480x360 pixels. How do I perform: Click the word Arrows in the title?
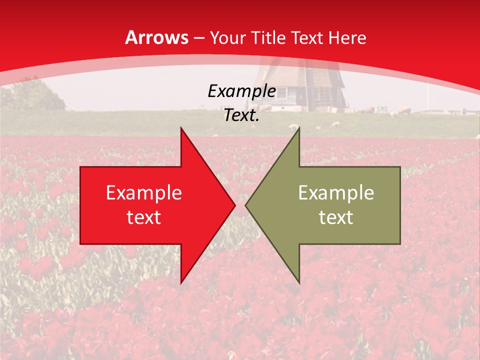156,37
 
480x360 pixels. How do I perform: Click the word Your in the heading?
226,38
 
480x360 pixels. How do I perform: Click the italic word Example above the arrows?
241,91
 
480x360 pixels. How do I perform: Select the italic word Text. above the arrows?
241,115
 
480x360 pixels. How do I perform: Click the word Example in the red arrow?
144,193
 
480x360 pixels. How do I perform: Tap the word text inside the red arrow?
144,217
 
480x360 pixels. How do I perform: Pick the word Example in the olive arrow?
336,193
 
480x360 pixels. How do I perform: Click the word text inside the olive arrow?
336,217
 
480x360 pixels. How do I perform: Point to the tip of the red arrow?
234,205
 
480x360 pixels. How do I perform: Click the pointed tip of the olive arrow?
246,205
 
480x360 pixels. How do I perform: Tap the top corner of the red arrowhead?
181,128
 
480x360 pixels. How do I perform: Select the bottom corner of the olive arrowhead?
299,283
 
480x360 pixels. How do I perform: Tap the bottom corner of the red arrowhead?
181,283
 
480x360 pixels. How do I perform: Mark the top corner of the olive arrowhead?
299,128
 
